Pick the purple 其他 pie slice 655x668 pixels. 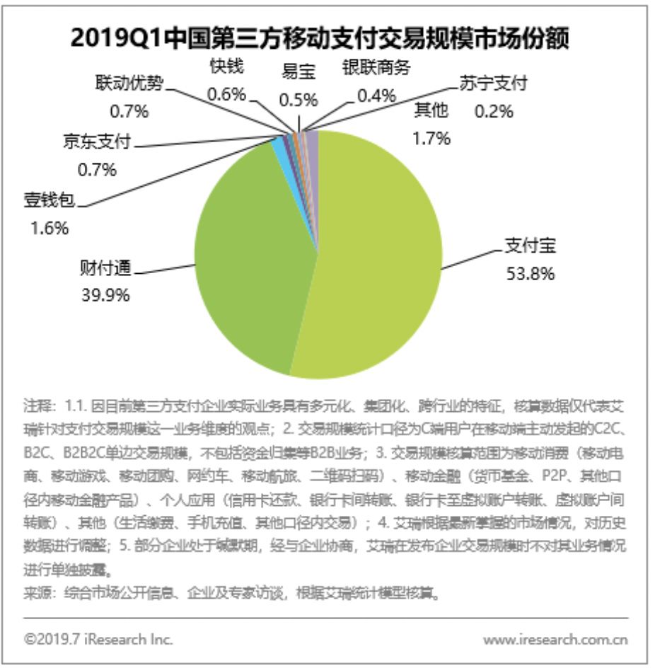click(312, 142)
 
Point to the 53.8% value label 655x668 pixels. click(530, 272)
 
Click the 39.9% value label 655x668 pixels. click(105, 294)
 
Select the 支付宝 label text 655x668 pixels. click(530, 247)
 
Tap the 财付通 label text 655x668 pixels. click(105, 270)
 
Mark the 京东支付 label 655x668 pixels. click(97, 143)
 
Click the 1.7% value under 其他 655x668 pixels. click(431, 138)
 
